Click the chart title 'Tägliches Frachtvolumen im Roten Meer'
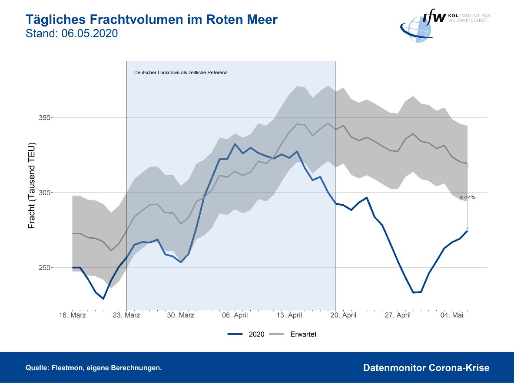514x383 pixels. [x=151, y=20]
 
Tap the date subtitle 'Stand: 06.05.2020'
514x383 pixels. [x=72, y=33]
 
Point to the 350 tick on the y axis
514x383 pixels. [x=45, y=118]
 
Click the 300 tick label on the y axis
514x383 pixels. [x=45, y=193]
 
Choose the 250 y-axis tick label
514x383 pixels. [x=45, y=268]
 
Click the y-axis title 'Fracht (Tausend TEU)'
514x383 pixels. [x=32, y=185]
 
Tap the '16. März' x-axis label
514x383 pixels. [x=72, y=315]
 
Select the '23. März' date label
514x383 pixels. [x=126, y=315]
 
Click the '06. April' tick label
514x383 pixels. [x=234, y=315]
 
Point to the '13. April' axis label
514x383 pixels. [x=289, y=315]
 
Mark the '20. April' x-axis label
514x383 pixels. [x=343, y=315]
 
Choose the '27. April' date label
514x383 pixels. [x=397, y=315]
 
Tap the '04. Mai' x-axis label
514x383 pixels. [x=451, y=315]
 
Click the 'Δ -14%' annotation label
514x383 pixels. [x=467, y=198]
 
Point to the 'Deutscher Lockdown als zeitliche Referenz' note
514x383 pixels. [x=181, y=72]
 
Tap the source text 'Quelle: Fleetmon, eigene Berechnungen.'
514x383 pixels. [x=94, y=368]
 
